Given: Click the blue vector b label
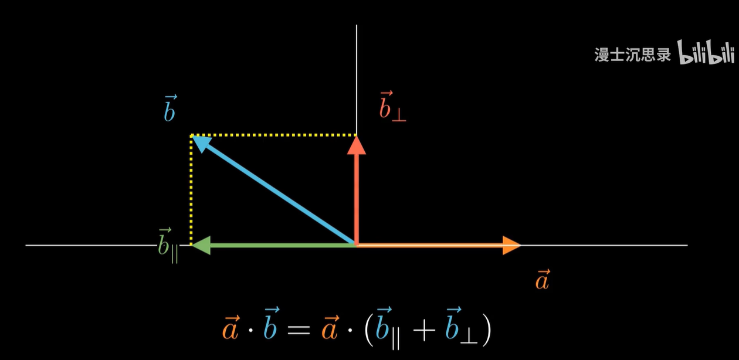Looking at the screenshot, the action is [170, 108].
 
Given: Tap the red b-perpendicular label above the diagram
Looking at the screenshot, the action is [392, 107].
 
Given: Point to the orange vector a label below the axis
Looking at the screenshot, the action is [543, 280].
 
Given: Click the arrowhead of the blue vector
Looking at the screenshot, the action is [201, 142].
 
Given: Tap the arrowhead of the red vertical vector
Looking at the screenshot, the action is [356, 145].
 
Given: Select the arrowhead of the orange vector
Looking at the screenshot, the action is [511, 245].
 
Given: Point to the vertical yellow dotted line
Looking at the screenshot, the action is [191, 188].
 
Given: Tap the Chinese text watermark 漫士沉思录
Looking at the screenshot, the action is [633, 55].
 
